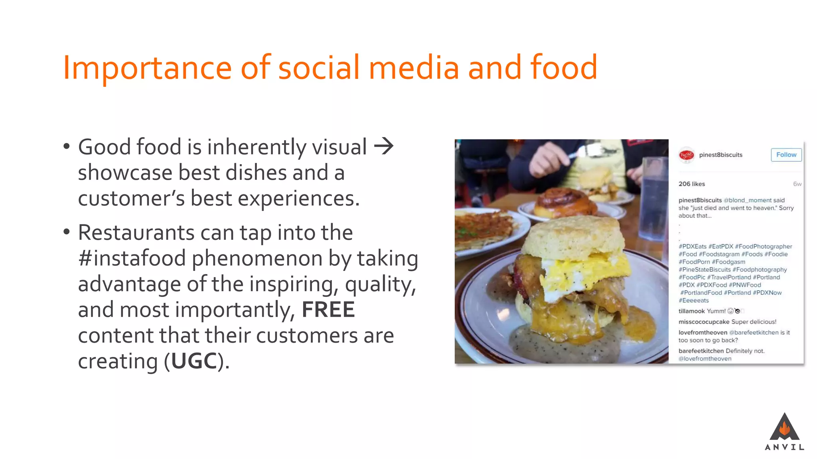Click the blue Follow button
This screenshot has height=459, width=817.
pyautogui.click(x=786, y=155)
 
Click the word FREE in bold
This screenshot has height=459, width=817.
pyautogui.click(x=328, y=310)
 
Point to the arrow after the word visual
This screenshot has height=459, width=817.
pyautogui.click(x=384, y=146)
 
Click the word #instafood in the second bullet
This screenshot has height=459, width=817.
pyautogui.click(x=132, y=258)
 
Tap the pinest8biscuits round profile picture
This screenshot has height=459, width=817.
pyautogui.click(x=687, y=155)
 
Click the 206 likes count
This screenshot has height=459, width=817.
pyautogui.click(x=692, y=184)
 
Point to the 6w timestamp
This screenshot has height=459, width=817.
pyautogui.click(x=797, y=184)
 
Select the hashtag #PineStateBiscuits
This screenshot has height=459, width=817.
pyautogui.click(x=705, y=270)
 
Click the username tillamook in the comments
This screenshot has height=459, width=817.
pyautogui.click(x=691, y=311)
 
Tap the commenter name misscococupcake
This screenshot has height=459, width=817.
pyautogui.click(x=704, y=322)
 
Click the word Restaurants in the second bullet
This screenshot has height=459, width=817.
pyautogui.click(x=136, y=233)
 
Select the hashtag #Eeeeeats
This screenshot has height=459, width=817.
pyautogui.click(x=694, y=300)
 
